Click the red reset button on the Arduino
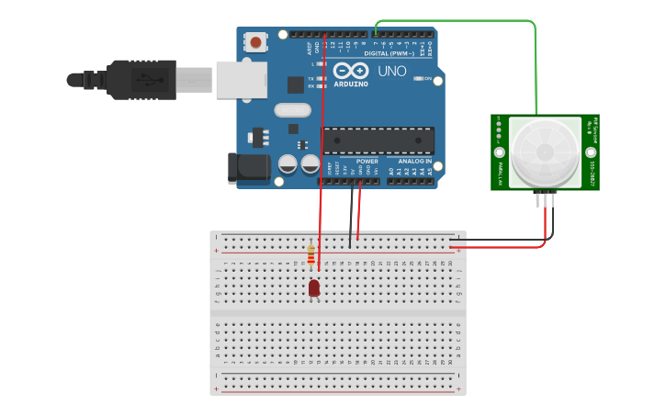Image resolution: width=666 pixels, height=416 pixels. (254, 42)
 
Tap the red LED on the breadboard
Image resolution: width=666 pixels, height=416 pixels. (313, 288)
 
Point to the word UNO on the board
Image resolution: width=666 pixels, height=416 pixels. (392, 71)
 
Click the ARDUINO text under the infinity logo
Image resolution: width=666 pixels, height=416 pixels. (351, 84)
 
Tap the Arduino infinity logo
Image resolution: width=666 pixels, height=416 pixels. (351, 71)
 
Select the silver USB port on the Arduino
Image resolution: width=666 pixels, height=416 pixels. (241, 79)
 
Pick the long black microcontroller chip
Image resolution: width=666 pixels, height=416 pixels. (378, 141)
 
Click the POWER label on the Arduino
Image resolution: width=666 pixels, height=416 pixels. (367, 162)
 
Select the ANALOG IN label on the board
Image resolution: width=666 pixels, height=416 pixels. (414, 162)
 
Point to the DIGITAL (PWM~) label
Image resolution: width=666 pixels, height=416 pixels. (389, 53)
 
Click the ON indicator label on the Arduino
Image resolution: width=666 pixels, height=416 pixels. (428, 79)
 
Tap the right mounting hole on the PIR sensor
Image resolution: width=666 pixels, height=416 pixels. (591, 152)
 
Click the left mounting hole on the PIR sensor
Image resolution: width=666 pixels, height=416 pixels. (499, 152)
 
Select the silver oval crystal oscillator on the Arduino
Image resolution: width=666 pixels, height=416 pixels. (292, 111)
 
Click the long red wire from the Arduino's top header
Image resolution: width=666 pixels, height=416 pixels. (321, 138)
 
